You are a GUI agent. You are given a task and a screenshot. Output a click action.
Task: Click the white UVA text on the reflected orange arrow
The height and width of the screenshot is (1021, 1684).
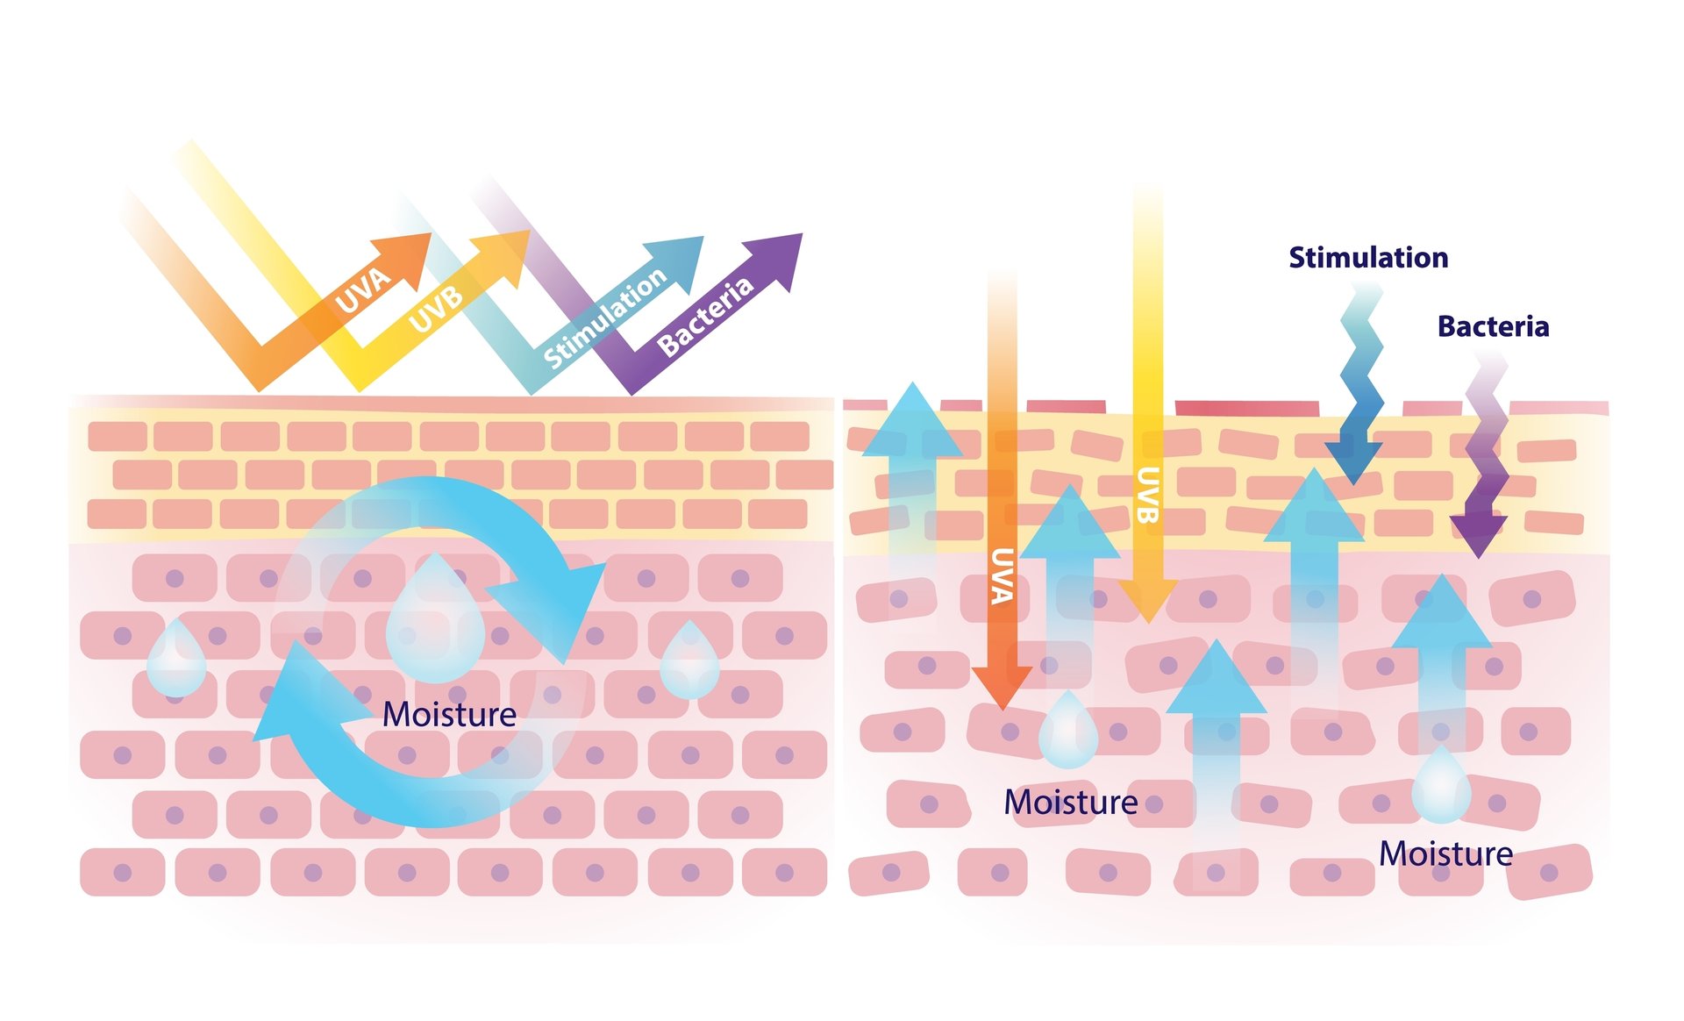pyautogui.click(x=363, y=289)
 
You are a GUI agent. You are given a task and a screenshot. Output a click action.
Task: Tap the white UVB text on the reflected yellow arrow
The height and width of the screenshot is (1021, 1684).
pyautogui.click(x=436, y=309)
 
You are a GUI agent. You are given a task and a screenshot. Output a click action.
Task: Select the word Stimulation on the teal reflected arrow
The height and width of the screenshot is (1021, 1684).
pyautogui.click(x=605, y=318)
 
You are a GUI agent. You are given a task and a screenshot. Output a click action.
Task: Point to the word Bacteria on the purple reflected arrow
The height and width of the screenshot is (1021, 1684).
pyautogui.click(x=705, y=316)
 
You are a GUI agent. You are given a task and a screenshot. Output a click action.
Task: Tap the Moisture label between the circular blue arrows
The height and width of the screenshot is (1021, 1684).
pyautogui.click(x=449, y=714)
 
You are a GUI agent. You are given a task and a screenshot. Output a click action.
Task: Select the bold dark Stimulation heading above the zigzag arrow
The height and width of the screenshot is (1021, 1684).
pyautogui.click(x=1368, y=257)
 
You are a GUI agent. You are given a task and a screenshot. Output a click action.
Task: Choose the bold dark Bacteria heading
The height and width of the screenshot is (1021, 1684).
pyautogui.click(x=1493, y=326)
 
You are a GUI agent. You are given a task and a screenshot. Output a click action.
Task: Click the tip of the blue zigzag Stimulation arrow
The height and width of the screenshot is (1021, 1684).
pyautogui.click(x=1353, y=478)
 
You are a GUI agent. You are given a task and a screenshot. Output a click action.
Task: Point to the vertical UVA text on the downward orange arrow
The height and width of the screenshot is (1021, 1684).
pyautogui.click(x=1003, y=576)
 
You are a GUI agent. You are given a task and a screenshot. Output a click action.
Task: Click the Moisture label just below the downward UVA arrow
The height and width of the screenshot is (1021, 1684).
pyautogui.click(x=1070, y=802)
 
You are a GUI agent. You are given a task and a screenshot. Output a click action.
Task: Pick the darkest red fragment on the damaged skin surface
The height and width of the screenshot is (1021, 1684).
pyautogui.click(x=1246, y=408)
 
